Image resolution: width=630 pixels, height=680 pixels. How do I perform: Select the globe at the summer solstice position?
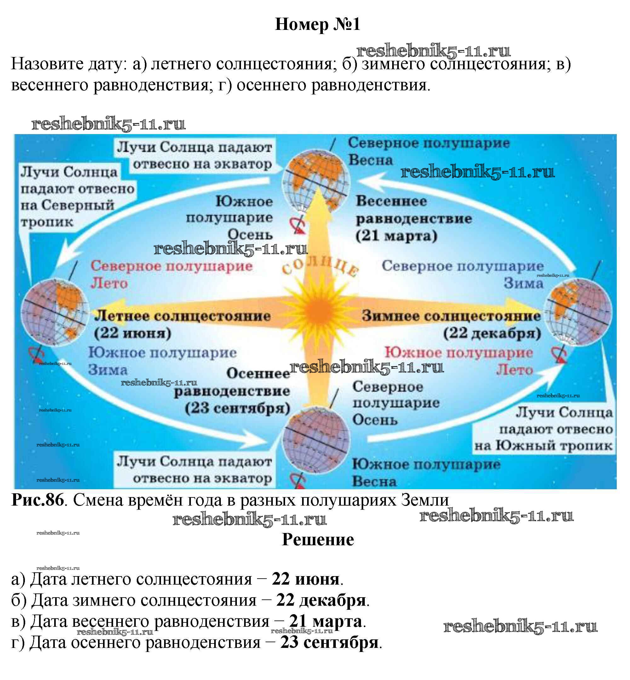[x=54, y=312]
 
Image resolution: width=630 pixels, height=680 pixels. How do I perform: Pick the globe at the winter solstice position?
[x=578, y=312]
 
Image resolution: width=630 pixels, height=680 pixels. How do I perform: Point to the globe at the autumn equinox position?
[x=316, y=439]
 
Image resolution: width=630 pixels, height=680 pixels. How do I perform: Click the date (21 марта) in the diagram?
[x=396, y=236]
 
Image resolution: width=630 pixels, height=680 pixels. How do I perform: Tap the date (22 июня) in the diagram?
[x=133, y=333]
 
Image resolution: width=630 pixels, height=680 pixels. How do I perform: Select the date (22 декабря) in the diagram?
[x=492, y=333]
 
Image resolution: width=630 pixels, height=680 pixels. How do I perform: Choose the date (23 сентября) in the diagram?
[x=237, y=408]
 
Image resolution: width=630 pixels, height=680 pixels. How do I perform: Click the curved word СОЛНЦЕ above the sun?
[x=320, y=267]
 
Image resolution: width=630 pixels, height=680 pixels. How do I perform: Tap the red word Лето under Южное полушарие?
[x=514, y=370]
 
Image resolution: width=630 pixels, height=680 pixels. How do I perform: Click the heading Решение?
[x=318, y=540]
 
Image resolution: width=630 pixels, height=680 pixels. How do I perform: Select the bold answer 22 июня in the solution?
[x=306, y=579]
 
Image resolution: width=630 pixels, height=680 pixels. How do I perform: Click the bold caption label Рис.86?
[x=37, y=500]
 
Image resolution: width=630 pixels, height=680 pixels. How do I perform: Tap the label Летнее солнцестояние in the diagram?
[x=183, y=316]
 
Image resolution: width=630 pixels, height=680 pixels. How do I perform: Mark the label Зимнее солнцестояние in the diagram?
[x=451, y=316]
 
